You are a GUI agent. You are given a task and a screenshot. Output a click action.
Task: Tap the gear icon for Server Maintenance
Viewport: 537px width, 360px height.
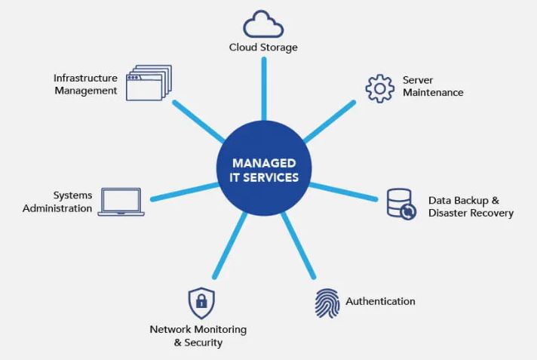379,88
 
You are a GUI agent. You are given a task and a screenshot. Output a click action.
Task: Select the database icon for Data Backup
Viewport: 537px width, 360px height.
400,203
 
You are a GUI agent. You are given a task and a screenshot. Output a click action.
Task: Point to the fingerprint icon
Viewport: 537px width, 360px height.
327,303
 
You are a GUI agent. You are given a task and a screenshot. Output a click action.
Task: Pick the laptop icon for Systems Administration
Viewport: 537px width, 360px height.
121,202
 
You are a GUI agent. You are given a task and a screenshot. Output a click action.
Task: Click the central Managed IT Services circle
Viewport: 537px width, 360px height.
264,171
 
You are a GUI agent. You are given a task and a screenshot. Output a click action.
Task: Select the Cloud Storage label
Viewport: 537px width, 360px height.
263,48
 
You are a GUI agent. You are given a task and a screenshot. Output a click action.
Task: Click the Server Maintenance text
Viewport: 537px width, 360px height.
433,86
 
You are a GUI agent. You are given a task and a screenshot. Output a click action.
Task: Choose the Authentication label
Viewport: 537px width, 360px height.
380,301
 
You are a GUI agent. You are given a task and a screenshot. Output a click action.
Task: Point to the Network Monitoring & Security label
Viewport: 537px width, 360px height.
198,336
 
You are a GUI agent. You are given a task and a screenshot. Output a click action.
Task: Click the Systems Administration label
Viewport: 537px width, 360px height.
57,202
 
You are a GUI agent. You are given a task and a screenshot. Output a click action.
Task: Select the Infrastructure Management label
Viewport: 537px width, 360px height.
85,84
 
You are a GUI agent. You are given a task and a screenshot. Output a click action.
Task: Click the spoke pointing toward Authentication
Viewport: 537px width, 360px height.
299,245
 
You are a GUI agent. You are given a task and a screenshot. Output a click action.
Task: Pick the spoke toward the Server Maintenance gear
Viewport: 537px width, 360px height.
330,122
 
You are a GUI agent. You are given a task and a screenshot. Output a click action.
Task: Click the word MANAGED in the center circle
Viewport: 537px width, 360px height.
264,163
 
